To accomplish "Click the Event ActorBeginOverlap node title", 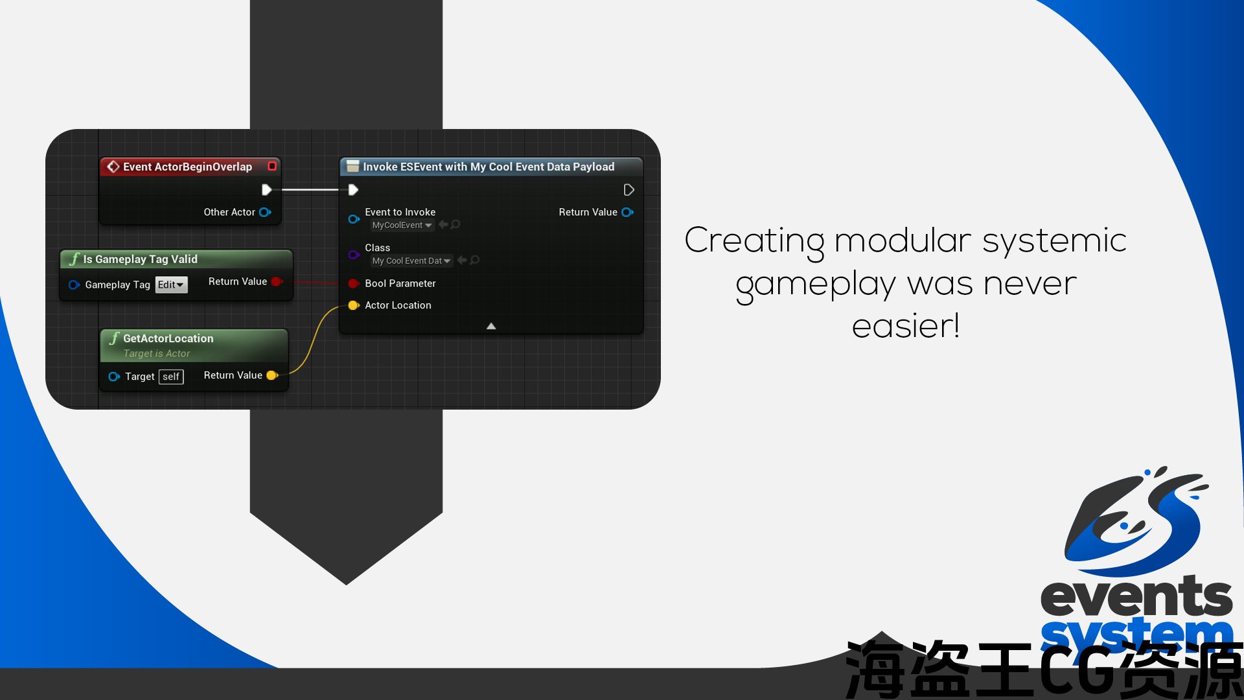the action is click(x=187, y=167).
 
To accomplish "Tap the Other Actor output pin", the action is click(x=265, y=212).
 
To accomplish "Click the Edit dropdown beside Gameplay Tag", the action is click(x=171, y=285).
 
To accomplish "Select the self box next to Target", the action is click(x=171, y=377).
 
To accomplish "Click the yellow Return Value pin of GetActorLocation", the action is click(x=272, y=375).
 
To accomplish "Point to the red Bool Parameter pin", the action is click(x=354, y=283).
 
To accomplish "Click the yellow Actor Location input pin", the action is click(x=354, y=305).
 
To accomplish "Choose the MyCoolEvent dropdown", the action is click(x=402, y=225).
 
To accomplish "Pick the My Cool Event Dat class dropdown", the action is click(x=411, y=261).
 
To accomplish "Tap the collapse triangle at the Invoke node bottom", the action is click(x=491, y=326).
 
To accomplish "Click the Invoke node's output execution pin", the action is click(x=628, y=190).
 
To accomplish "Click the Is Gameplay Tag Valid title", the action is click(x=140, y=259).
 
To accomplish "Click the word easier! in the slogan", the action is click(x=906, y=326).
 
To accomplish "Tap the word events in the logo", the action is click(x=1136, y=596).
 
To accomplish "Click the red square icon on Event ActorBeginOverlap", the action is click(x=272, y=166).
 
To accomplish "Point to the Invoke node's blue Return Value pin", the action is click(x=627, y=212).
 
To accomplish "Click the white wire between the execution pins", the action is click(x=310, y=190).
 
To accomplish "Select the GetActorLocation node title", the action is click(x=168, y=338).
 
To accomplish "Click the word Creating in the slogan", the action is click(x=754, y=241).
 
